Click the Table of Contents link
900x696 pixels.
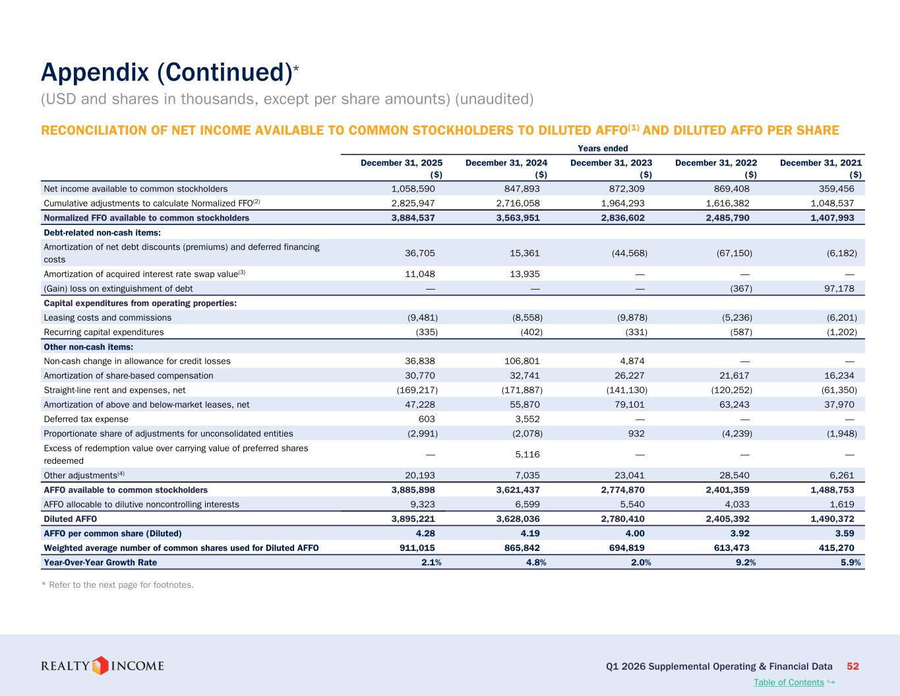pos(789,682)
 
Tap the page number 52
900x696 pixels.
pos(853,666)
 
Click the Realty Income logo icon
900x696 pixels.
pos(100,666)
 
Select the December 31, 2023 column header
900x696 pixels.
pos(611,163)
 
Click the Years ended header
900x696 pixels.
pos(603,148)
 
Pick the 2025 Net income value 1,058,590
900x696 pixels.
pos(413,189)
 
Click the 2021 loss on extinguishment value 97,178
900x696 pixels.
pos(839,288)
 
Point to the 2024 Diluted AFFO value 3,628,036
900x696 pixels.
pos(518,519)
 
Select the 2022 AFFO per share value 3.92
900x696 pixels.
pos(740,533)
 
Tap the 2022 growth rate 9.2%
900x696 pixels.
pos(746,562)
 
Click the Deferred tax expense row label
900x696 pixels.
pos(86,419)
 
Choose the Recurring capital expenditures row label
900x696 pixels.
pos(104,332)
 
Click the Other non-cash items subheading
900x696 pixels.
pos(88,347)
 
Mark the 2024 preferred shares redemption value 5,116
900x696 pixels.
pos(527,455)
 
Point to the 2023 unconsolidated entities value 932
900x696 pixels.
pos(636,433)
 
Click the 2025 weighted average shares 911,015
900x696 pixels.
pos(417,548)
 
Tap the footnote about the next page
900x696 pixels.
pos(117,585)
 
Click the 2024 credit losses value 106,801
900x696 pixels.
pos(522,361)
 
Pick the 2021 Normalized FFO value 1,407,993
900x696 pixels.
pos(832,218)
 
